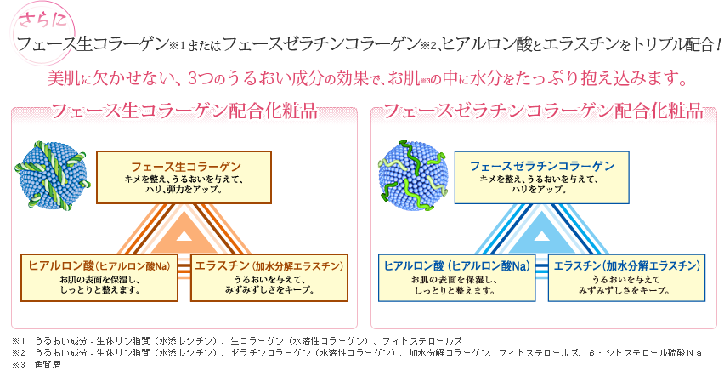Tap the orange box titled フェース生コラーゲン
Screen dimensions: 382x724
(184, 177)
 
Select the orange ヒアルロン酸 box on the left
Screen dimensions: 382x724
(99, 277)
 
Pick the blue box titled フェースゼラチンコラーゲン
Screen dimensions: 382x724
(541, 177)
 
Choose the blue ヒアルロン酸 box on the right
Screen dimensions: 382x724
(457, 277)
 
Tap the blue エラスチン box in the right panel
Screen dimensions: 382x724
(625, 277)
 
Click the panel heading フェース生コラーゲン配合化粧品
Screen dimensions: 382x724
(184, 111)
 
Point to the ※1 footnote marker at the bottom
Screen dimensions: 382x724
(16, 340)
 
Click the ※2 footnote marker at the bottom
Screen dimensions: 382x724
(16, 351)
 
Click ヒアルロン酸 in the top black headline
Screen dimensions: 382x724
(476, 44)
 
